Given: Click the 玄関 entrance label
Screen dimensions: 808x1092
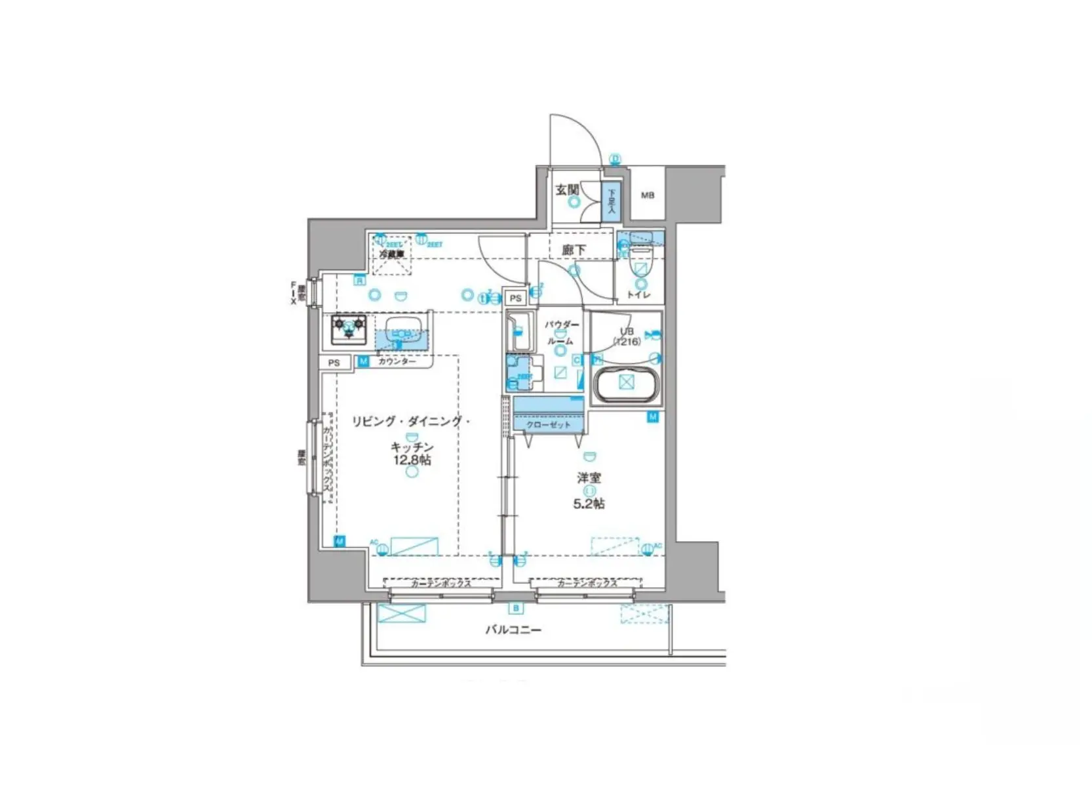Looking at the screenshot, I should pos(568,190).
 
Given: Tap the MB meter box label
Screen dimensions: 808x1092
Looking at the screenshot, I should pos(647,195).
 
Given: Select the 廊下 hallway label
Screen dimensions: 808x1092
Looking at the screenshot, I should pos(574,250).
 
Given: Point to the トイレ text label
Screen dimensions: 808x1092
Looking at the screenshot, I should pos(638,295).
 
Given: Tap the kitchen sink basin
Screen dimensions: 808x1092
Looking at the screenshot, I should pos(400,327).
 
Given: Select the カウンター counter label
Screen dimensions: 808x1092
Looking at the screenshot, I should pos(397,361).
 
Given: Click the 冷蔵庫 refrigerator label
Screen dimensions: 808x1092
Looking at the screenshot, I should pos(391,253).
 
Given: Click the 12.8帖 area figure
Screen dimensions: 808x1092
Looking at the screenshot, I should pos(412,460).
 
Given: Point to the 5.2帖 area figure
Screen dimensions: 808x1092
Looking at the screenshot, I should pos(589,504).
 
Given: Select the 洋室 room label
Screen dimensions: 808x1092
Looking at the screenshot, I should pos(589,478).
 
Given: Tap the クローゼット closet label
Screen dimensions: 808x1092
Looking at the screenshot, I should pos(548,425).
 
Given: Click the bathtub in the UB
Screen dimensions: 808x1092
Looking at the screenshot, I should pos(626,383).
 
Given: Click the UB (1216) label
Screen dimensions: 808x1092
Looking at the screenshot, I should pos(626,336).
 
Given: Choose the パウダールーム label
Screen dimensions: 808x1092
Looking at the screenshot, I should pos(561,333).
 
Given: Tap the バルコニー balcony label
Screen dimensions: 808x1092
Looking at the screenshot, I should pos(513,630).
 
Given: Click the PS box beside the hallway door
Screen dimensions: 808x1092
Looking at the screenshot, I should pos(516,298).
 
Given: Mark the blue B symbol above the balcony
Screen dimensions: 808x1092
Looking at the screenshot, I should pos(516,609).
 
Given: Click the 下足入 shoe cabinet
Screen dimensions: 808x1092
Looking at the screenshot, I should pos(612,201).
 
